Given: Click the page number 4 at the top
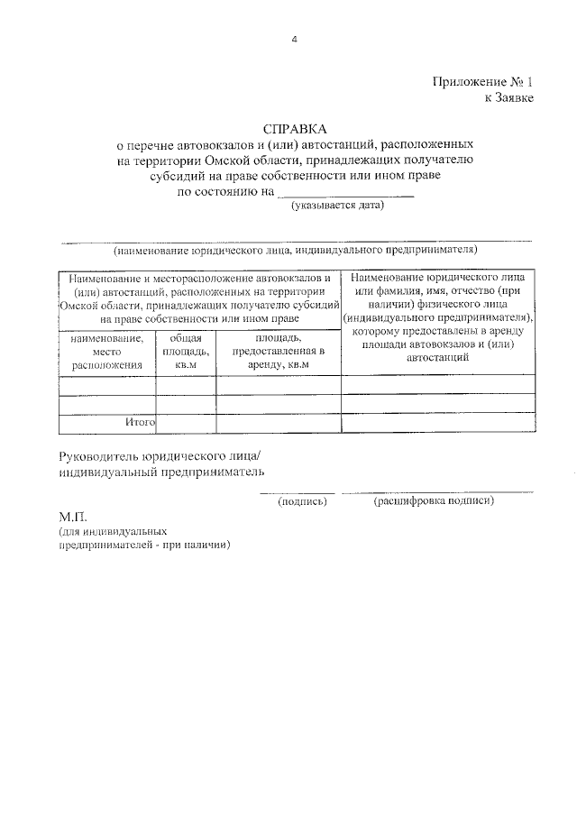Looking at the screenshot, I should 294,40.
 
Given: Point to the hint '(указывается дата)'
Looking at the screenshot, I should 337,206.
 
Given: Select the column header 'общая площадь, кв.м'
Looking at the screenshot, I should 186,352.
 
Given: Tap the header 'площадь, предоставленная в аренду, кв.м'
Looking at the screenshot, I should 278,352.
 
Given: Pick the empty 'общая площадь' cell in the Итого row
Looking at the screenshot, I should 186,421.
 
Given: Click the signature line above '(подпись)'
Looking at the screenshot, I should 298,491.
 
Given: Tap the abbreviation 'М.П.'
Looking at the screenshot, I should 72,518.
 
